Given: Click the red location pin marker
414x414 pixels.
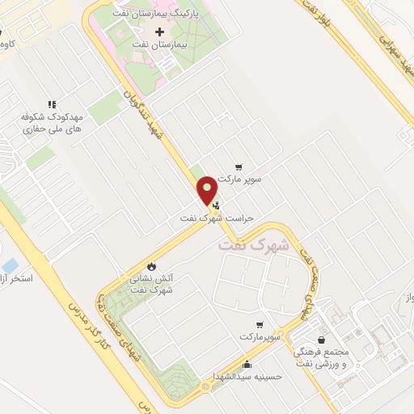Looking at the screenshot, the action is tap(207, 190).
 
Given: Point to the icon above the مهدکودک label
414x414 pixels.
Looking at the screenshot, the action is tap(52, 103).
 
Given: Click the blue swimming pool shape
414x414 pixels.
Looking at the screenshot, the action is tap(9, 265).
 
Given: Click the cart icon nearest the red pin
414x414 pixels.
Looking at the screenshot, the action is tap(238, 167).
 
